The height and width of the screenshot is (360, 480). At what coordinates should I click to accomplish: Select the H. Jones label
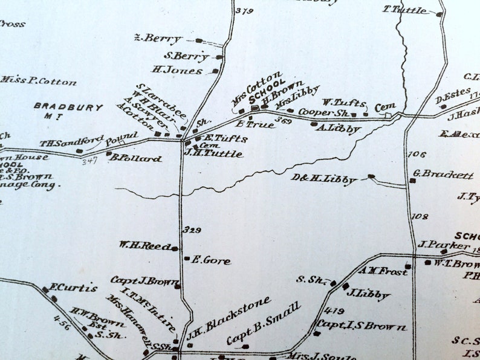coord(177,70)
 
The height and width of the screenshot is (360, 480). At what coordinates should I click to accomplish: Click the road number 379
coord(244,11)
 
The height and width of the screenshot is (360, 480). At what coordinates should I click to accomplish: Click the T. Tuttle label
coord(404,10)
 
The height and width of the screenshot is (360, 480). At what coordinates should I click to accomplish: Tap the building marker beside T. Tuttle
coord(439,14)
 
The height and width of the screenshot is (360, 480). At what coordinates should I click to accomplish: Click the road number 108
coord(420,216)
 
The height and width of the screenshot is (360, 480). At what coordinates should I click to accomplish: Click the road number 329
coord(192,230)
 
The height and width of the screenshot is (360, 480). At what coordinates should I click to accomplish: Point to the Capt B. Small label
coord(264,323)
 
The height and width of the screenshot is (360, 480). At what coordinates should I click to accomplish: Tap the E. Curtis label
coord(73,288)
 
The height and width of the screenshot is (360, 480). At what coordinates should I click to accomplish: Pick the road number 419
coord(321,310)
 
